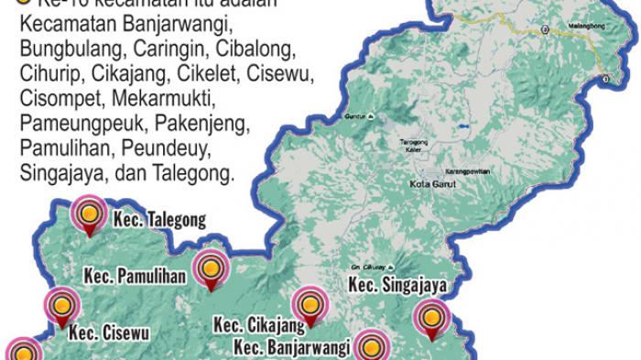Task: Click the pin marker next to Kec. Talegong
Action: (x=89, y=215)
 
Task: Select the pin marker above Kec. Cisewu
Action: (x=60, y=304)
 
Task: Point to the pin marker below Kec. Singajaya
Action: (x=429, y=320)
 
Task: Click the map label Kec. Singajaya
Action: (x=397, y=287)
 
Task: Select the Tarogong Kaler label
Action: (x=415, y=147)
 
